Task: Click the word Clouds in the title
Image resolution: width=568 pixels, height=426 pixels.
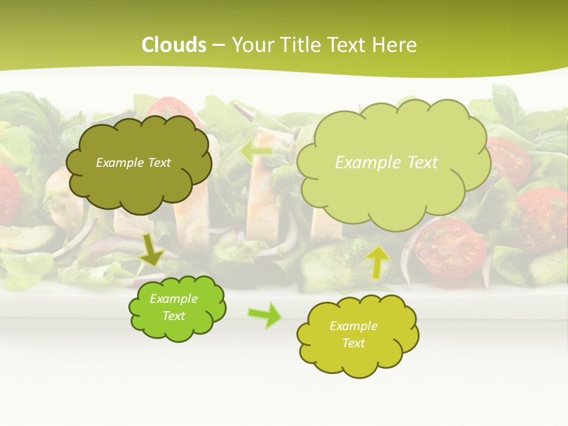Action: [174, 45]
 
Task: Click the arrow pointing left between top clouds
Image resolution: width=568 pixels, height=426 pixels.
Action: [256, 151]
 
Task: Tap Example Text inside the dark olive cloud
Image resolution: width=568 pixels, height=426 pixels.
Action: [133, 163]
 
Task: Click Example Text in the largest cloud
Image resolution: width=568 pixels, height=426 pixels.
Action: [386, 163]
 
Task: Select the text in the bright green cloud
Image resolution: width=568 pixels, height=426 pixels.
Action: [173, 308]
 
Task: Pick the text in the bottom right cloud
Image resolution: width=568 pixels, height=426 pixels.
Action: [353, 334]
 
